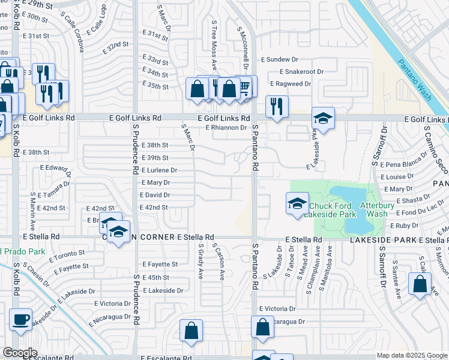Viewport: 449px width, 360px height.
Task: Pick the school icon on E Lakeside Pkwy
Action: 323,118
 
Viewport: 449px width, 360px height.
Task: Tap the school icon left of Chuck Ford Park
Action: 297,204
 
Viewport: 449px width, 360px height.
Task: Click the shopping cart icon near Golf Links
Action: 245,87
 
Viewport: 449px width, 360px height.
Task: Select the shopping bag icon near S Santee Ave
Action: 420,283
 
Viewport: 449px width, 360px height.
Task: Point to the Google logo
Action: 20,353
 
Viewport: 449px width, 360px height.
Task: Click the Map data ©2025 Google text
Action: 412,355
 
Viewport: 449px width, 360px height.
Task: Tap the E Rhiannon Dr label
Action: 226,128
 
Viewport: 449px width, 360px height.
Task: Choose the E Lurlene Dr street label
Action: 158,170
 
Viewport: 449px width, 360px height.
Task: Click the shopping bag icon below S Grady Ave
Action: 191,331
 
